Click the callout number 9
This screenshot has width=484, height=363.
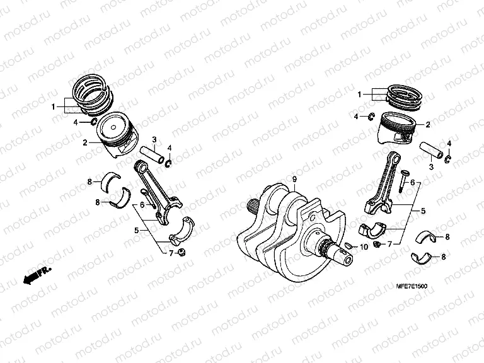point(294,180)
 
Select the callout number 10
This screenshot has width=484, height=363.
point(364,246)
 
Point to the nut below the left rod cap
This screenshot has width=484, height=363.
point(181,253)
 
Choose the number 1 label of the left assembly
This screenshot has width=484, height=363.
point(54,105)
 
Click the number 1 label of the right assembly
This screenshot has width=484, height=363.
point(360,95)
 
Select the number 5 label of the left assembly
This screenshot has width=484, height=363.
point(135,231)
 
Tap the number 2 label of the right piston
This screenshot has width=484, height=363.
point(428,125)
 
